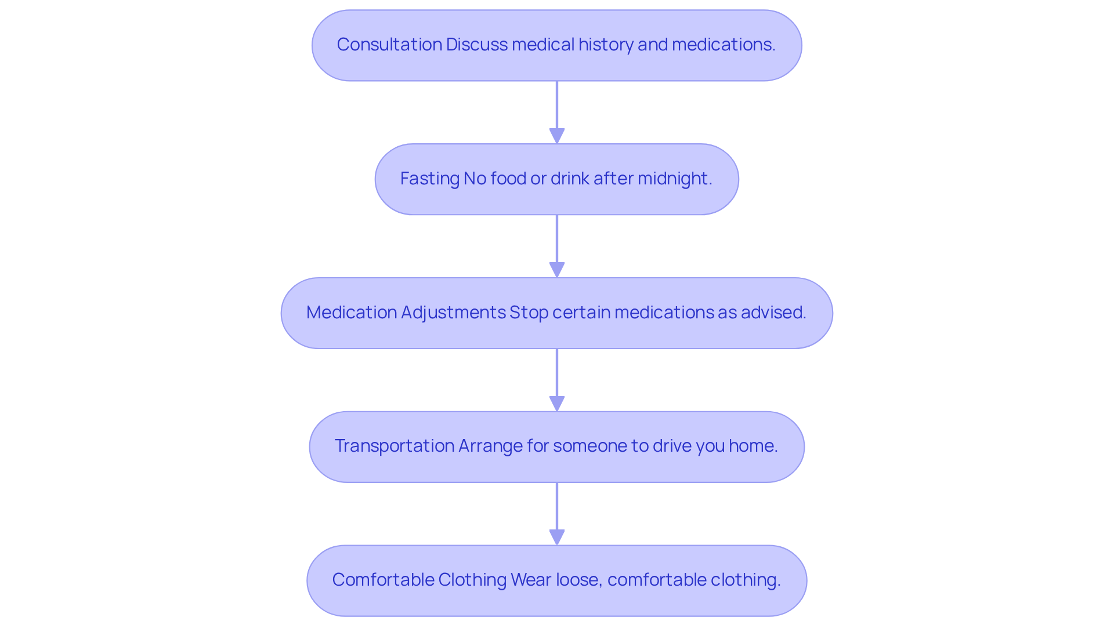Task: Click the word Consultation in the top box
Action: [x=389, y=45]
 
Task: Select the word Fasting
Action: [x=429, y=179]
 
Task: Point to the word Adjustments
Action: [x=453, y=313]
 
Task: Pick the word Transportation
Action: [x=394, y=446]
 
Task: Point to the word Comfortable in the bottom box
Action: [x=383, y=580]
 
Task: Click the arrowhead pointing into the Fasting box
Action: [x=557, y=136]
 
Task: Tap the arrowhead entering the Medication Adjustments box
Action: [x=557, y=270]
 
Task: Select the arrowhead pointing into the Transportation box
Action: [x=557, y=404]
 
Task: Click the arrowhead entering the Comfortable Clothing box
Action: [x=557, y=537]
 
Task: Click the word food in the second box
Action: [x=508, y=179]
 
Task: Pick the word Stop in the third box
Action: [x=529, y=313]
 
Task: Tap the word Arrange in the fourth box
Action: [x=490, y=446]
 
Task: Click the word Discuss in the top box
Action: [x=476, y=45]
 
